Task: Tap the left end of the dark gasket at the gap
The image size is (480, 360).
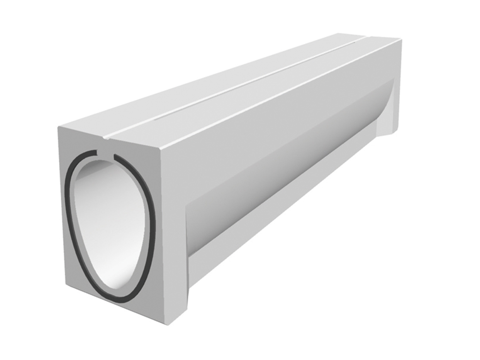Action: coord(97,153)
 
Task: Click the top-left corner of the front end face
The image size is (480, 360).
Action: coord(59,127)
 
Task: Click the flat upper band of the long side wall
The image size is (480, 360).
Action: coord(281,108)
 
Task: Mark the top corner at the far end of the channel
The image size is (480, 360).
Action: coord(401,40)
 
